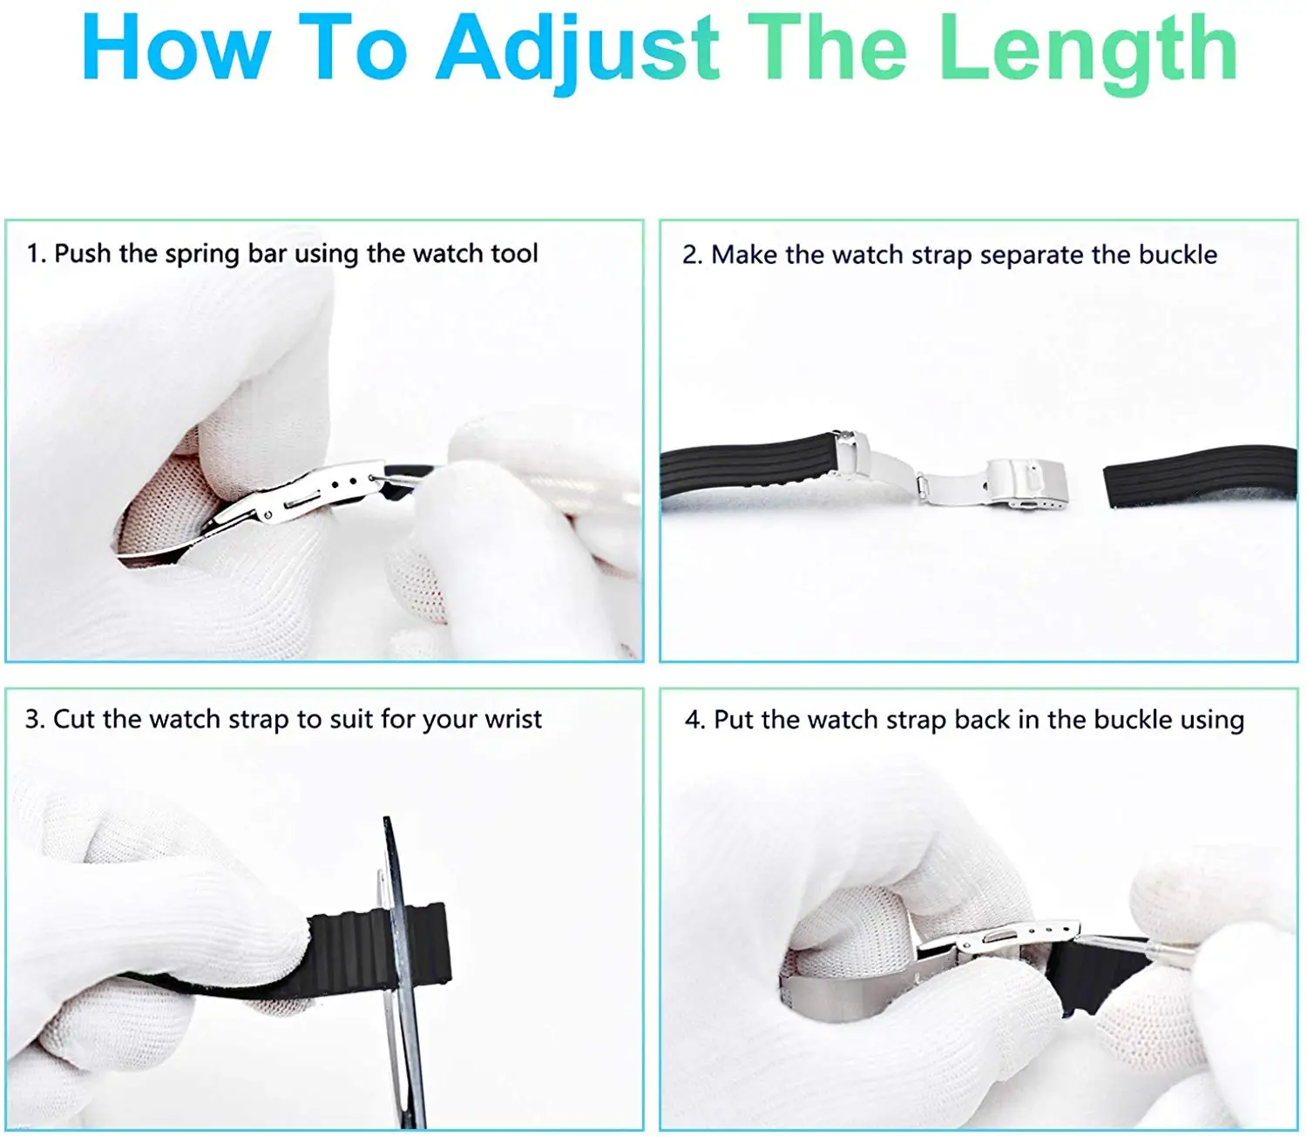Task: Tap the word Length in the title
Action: (x=1088, y=51)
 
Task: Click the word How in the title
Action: (x=175, y=51)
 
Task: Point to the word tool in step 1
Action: (x=514, y=254)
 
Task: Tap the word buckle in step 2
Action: (x=1177, y=254)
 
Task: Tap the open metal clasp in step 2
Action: (x=950, y=475)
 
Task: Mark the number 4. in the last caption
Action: (x=694, y=720)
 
